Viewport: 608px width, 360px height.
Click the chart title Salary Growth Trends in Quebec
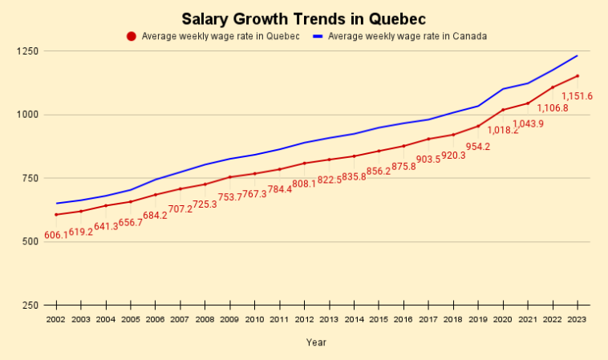coord(303,18)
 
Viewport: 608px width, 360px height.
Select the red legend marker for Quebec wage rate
coord(132,36)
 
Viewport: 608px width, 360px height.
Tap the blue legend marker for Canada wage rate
coord(318,36)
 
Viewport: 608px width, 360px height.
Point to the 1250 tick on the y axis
coord(28,51)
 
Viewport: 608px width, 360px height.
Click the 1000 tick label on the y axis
coord(28,115)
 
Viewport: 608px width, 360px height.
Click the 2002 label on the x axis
coord(56,319)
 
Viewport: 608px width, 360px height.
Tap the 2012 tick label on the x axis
coord(305,319)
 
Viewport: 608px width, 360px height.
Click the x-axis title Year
coord(316,342)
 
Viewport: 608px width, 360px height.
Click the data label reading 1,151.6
coord(577,96)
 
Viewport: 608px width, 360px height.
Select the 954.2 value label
coord(478,147)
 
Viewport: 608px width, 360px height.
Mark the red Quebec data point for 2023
coord(578,76)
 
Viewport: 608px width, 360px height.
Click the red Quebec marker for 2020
coord(503,110)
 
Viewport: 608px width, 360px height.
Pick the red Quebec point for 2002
coord(56,215)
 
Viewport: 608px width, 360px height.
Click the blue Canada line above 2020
coord(503,89)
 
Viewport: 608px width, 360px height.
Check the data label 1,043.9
coord(528,123)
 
